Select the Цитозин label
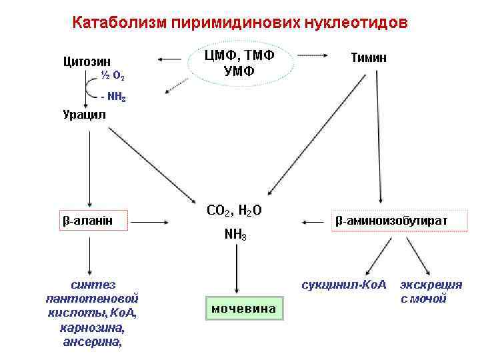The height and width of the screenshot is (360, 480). click(87, 62)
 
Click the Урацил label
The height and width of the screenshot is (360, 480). click(84, 115)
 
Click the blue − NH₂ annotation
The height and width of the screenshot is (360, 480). click(112, 97)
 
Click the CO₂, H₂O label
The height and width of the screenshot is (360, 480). click(234, 211)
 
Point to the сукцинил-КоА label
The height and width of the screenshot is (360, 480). click(344, 285)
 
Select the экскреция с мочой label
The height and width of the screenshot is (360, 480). click(431, 292)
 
